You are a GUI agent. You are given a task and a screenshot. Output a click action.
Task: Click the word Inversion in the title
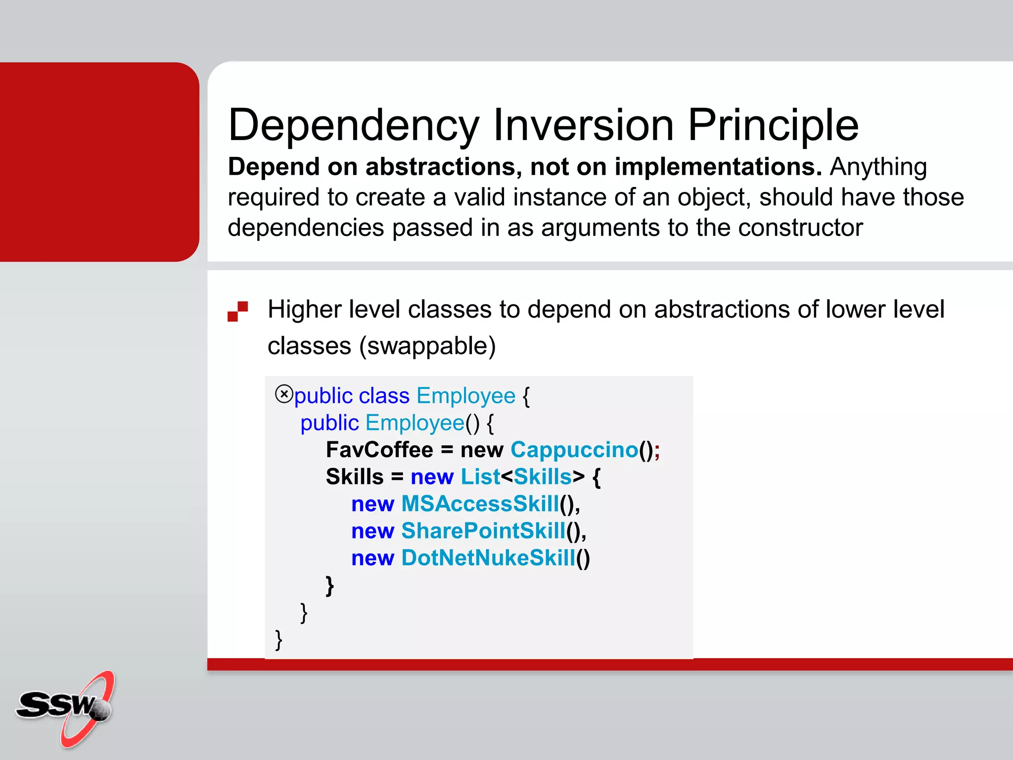[x=584, y=125]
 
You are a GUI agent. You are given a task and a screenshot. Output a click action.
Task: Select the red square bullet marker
[x=237, y=311]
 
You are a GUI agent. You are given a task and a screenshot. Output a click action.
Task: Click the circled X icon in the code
[x=284, y=394]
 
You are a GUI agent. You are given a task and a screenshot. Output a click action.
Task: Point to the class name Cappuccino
[x=574, y=450]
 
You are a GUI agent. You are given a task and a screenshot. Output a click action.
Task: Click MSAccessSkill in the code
[x=480, y=504]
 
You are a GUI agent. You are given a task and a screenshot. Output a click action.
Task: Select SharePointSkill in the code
[x=483, y=531]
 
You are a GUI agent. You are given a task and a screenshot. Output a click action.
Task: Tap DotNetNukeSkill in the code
[x=488, y=558]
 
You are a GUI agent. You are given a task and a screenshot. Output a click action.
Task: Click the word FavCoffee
[x=379, y=450]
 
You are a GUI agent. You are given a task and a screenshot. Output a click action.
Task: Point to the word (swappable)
[x=427, y=346]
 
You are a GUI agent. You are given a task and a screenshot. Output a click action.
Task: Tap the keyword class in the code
[x=384, y=396]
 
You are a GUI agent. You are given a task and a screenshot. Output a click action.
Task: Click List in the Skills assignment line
[x=480, y=477]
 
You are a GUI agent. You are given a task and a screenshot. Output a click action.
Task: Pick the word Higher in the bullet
[x=305, y=310]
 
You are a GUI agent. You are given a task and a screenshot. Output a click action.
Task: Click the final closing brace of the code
[x=278, y=639]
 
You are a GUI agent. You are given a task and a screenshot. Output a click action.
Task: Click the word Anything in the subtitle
[x=878, y=167]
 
